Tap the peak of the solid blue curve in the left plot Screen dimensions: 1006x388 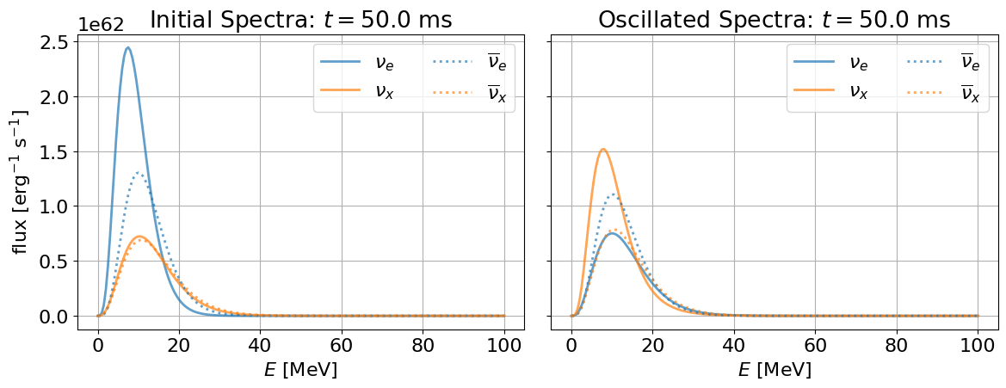(127, 47)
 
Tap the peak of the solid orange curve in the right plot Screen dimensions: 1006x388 (603, 150)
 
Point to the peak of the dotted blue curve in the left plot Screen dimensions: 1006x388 (138, 172)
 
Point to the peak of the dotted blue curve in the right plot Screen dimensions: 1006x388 (614, 194)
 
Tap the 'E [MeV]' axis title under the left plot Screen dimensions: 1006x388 (301, 370)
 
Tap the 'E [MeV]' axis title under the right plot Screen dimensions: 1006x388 (775, 370)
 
